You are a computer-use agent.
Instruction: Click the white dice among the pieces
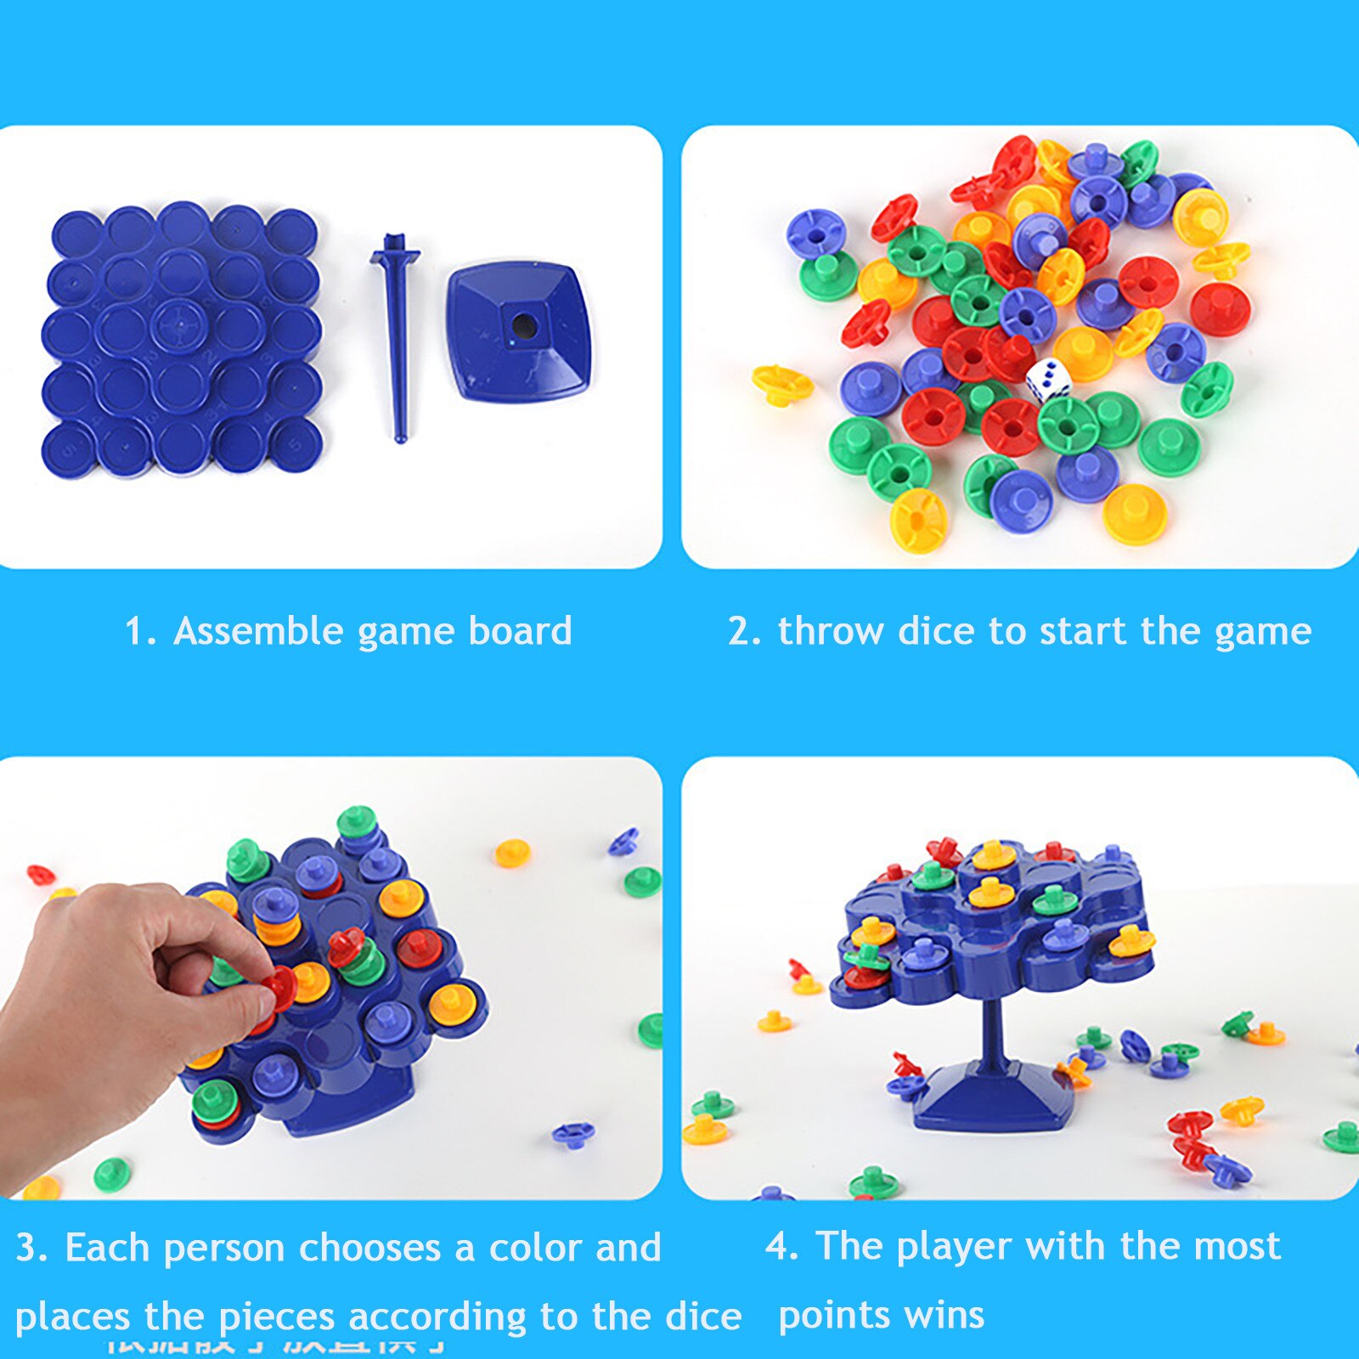(x=1047, y=380)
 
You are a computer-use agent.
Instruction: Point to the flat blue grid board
(x=181, y=340)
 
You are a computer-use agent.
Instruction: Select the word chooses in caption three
(x=369, y=1249)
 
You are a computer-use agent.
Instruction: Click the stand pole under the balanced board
(x=992, y=1032)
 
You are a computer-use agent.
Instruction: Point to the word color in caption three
(x=536, y=1249)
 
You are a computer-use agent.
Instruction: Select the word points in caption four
(x=834, y=1316)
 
